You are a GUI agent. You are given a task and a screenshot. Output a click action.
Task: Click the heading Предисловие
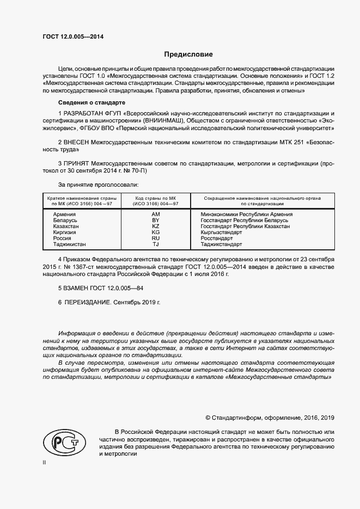[x=188, y=54]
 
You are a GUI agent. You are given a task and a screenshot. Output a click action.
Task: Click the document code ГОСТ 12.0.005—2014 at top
[x=73, y=36]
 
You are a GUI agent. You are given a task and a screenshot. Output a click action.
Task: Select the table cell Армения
[x=64, y=214]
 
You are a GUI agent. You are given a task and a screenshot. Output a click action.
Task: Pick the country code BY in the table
[x=155, y=220]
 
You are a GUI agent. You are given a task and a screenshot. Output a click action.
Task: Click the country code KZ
[x=155, y=226]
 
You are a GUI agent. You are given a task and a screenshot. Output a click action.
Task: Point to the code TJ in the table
[x=155, y=244]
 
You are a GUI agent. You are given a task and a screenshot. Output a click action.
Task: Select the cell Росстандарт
[x=217, y=238]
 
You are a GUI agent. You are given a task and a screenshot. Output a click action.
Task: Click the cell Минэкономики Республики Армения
[x=247, y=214]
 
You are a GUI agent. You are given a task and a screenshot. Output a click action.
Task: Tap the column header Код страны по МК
[x=155, y=198]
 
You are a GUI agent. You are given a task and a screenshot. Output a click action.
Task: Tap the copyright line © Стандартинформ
[x=270, y=418]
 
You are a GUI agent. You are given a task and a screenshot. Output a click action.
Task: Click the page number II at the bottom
[x=44, y=462]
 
